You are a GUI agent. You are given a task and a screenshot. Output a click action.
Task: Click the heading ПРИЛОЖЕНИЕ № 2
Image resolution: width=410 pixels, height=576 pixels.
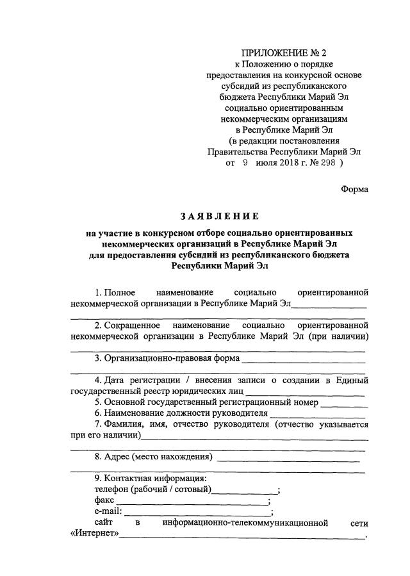[x=284, y=53]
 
